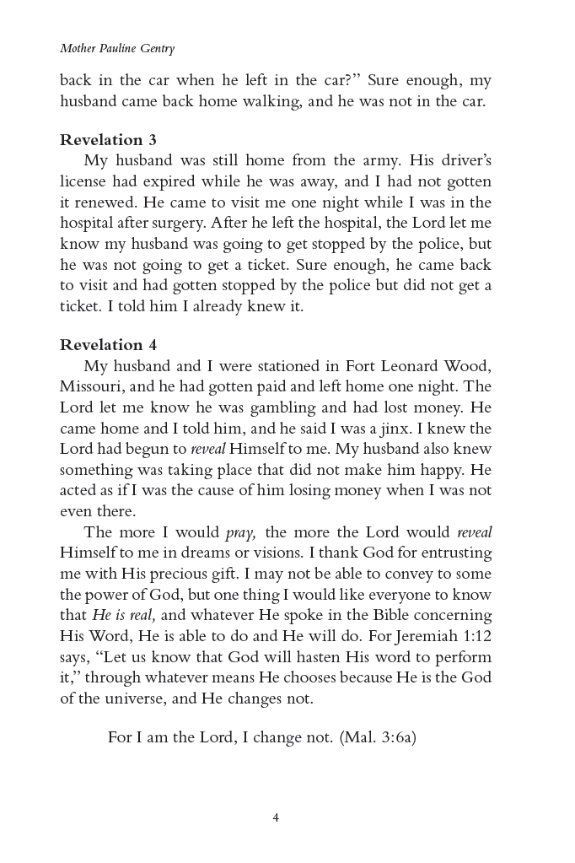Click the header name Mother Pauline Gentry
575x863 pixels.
point(117,49)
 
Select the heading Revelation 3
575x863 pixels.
point(108,140)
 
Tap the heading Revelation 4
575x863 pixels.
point(108,344)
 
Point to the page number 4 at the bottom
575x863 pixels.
point(276,817)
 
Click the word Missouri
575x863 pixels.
point(90,386)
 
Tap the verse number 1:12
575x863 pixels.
point(470,636)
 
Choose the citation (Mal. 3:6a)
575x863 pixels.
point(378,736)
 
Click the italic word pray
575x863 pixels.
point(241,533)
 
